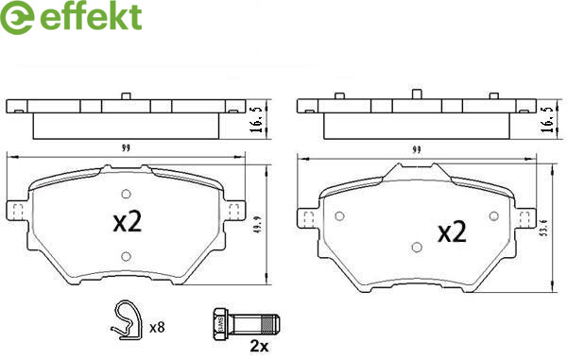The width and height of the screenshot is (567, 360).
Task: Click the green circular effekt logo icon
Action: [x=17, y=17]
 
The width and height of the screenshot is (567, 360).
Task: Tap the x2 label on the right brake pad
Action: [x=452, y=232]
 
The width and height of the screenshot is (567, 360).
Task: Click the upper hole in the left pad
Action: [x=126, y=194]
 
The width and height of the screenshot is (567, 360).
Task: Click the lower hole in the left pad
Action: [x=126, y=256]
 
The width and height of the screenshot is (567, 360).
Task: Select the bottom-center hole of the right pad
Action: [x=417, y=248]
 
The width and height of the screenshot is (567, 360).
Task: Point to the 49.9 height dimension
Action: [x=258, y=225]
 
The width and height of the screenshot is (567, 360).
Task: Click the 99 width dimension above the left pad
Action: [x=126, y=148]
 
